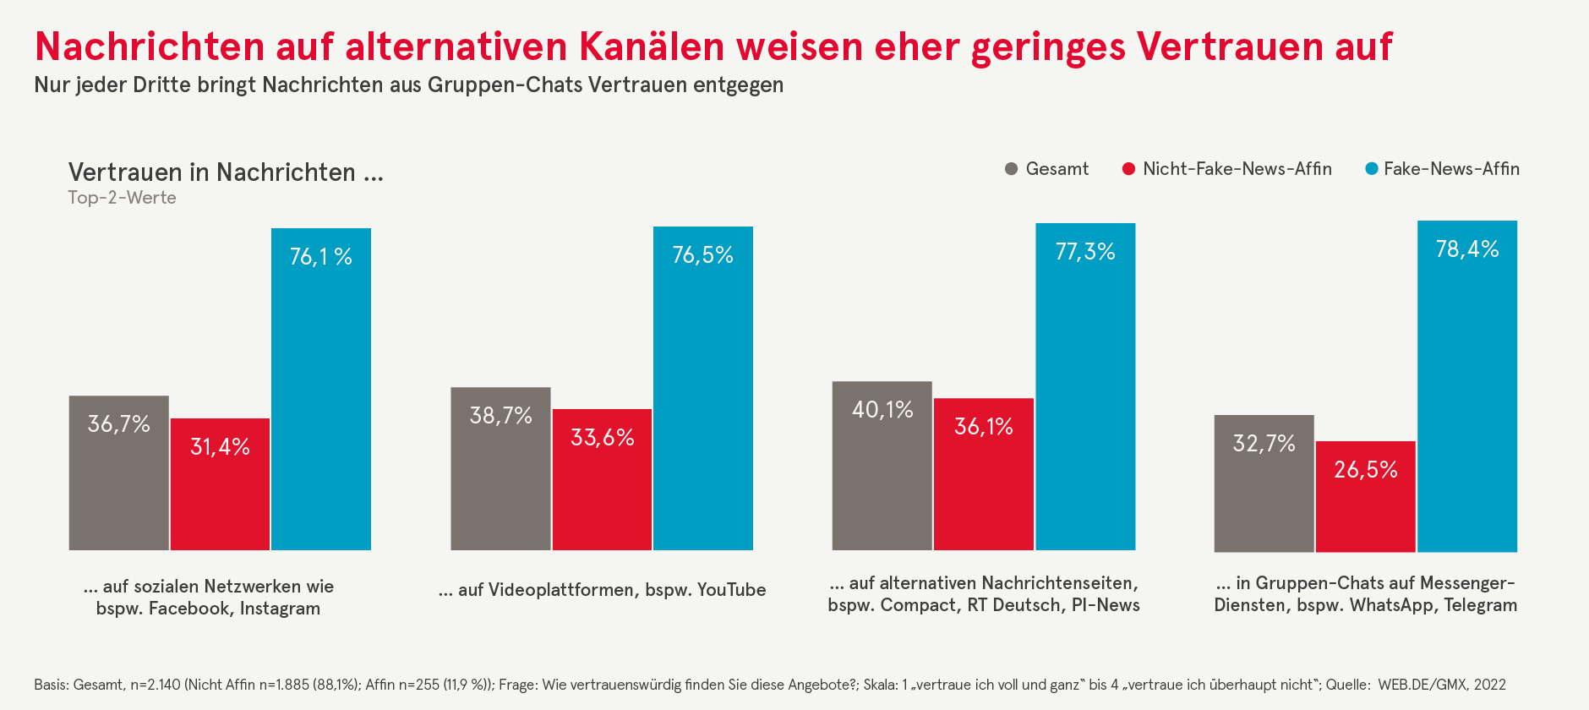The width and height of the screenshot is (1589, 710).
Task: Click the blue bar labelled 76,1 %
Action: point(321,389)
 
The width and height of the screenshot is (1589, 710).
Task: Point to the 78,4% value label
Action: point(1467,249)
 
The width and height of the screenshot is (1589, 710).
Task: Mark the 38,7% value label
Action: point(501,416)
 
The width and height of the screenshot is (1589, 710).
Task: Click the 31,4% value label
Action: point(220,447)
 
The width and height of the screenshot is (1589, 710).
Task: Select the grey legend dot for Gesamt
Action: point(1011,169)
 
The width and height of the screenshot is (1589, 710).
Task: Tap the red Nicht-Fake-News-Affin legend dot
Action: point(1128,169)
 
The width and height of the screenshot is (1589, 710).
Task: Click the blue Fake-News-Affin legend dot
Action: point(1372,169)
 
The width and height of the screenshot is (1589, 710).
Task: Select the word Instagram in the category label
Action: point(280,609)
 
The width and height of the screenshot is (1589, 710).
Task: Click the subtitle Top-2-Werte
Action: point(123,198)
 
